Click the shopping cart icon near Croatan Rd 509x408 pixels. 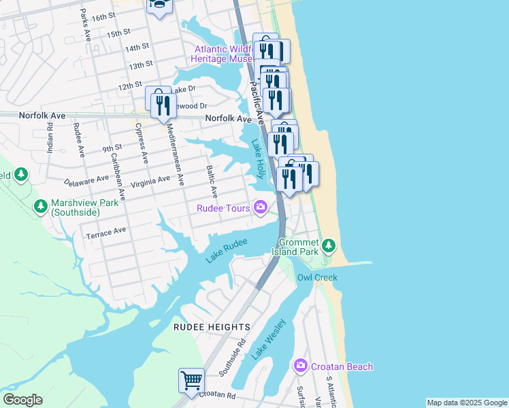pos(192,380)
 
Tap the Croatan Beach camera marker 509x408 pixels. pos(301,367)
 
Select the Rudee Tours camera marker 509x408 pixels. pos(260,207)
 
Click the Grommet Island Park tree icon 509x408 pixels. pos(329,244)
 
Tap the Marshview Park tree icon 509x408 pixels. pos(41,205)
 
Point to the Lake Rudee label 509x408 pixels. pos(226,250)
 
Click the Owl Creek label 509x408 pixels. pos(316,277)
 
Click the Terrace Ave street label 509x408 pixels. pos(106,231)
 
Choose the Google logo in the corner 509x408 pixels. pos(22,400)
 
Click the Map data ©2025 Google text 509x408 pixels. pos(466,403)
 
